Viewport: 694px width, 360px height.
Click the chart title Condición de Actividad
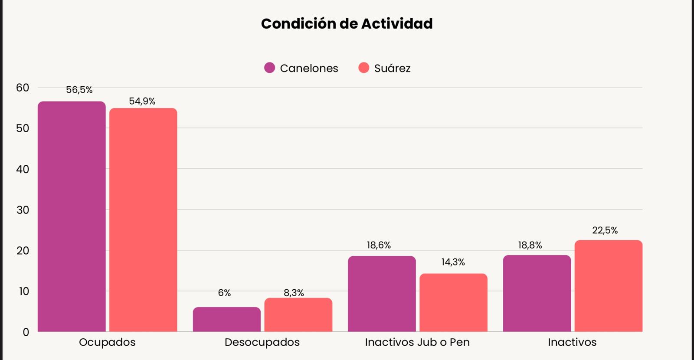click(x=347, y=23)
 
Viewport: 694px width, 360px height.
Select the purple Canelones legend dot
click(x=269, y=68)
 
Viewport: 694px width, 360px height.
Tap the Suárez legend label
click(x=392, y=68)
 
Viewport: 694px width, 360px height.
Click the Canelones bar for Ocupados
click(x=72, y=217)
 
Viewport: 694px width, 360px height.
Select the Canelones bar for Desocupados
click(x=227, y=320)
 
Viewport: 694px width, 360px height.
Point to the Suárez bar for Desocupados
click(x=298, y=315)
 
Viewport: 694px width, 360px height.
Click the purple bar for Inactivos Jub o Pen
click(x=382, y=294)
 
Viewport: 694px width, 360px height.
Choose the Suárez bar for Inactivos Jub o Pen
click(x=453, y=303)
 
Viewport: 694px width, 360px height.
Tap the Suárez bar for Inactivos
click(x=608, y=286)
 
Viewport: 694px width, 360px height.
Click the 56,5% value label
click(x=79, y=90)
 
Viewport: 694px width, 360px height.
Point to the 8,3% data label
click(x=294, y=293)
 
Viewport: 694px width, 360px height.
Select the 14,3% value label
click(x=453, y=262)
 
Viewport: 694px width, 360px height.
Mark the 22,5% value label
click(x=605, y=230)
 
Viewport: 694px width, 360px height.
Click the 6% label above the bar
click(x=224, y=293)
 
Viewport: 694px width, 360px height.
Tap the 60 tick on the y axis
click(x=23, y=88)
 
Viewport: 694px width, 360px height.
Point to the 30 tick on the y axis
click(x=23, y=210)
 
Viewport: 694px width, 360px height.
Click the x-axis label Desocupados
click(x=262, y=342)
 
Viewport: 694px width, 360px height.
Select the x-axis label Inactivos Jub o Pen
click(x=417, y=342)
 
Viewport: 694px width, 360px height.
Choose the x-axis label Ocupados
click(x=107, y=342)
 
